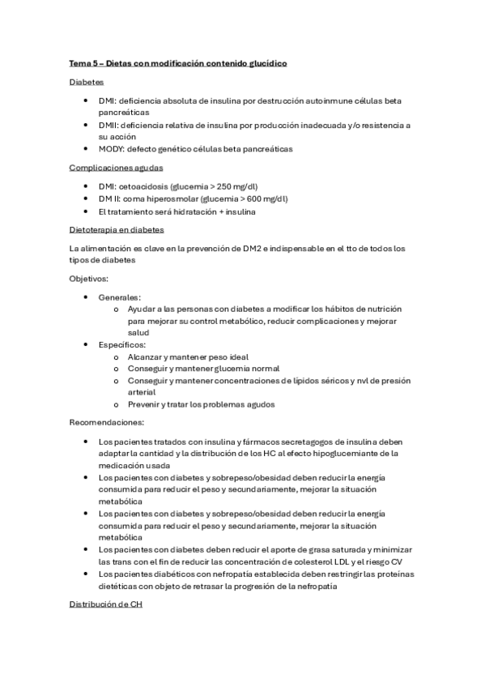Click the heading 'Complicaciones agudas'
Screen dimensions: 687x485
[116, 168]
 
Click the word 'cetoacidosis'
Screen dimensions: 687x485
[150, 186]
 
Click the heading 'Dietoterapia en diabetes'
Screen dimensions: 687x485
[117, 230]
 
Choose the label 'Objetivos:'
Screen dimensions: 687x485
[89, 278]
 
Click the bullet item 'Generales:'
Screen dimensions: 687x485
[119, 297]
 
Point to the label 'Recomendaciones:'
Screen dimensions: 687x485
[107, 422]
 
